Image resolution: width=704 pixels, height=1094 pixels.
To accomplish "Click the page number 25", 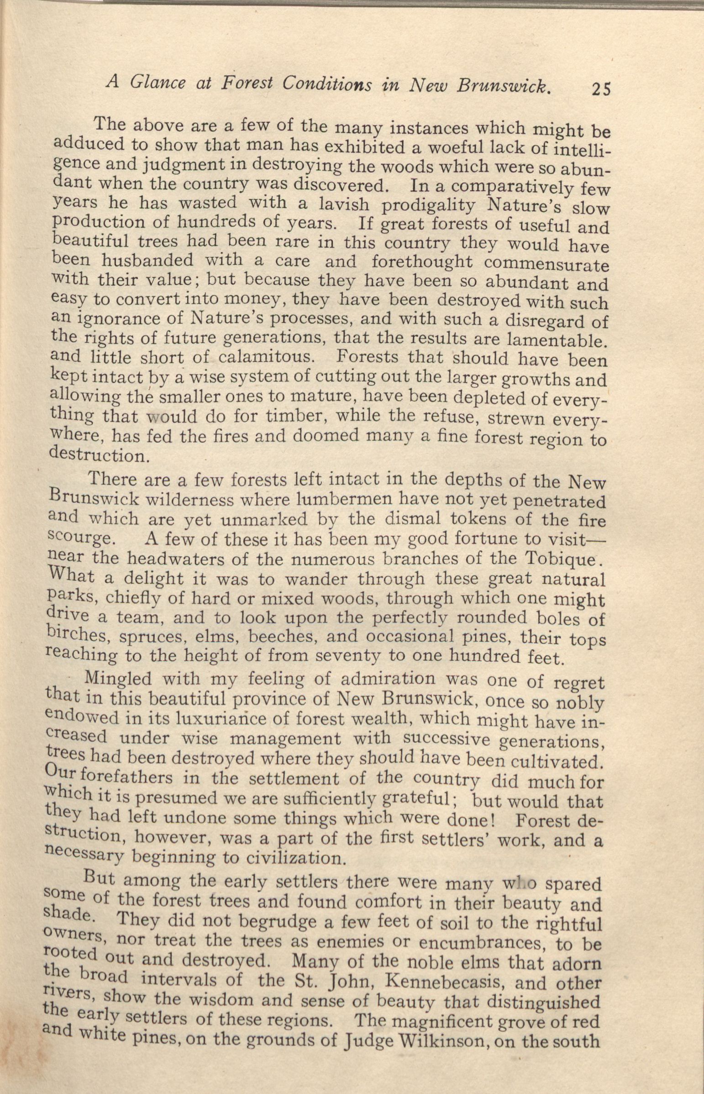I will click(601, 89).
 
